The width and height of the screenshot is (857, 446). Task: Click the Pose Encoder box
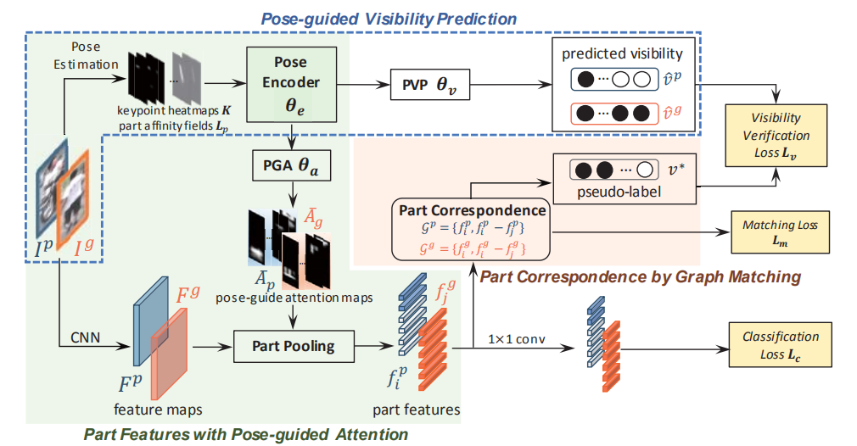291,82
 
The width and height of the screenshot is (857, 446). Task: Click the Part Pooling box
293,346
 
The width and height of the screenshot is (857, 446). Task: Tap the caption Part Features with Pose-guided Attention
245,434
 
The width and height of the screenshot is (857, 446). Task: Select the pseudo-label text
623,192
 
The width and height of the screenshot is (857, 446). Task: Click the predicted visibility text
622,53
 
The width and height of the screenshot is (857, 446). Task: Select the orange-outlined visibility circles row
613,112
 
